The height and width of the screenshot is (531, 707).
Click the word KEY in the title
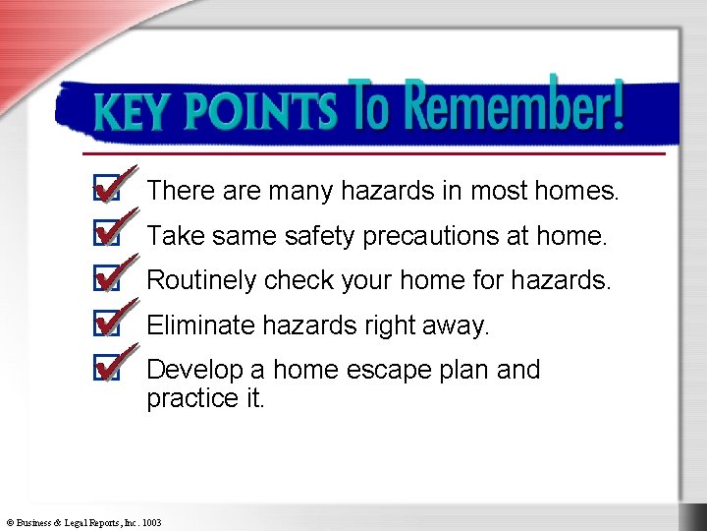pos(130,113)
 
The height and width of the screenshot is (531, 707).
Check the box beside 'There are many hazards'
pos(105,190)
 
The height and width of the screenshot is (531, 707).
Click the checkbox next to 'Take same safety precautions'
pos(105,235)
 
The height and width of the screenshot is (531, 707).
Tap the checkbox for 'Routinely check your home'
pos(105,279)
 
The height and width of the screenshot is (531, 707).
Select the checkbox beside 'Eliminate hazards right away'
pos(105,324)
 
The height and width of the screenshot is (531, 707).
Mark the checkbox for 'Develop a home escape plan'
pos(105,370)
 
